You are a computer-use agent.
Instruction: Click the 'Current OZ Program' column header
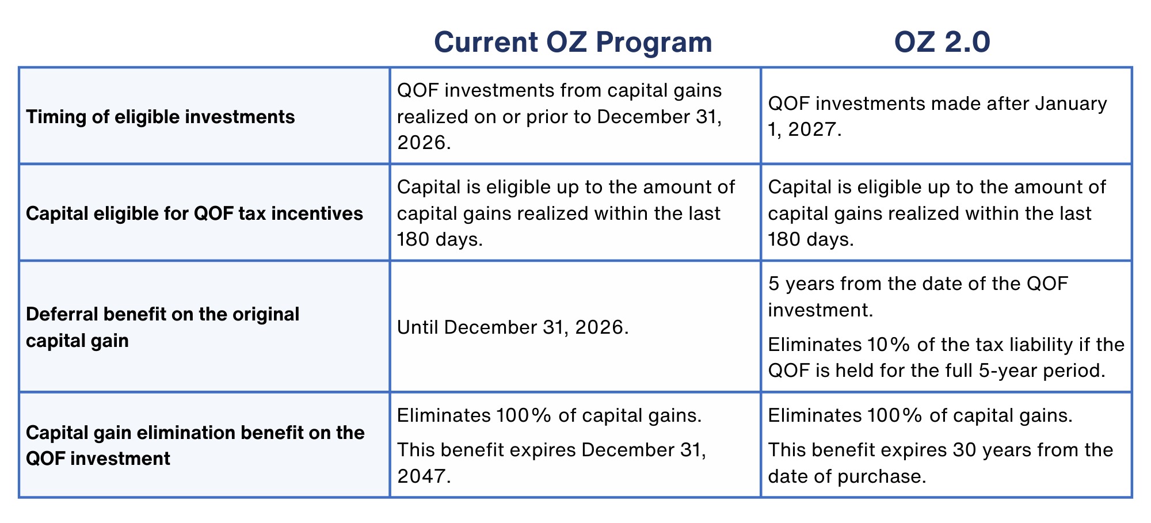point(573,42)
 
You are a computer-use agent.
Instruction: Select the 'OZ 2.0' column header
point(942,42)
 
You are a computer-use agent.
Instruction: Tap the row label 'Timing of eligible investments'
point(161,117)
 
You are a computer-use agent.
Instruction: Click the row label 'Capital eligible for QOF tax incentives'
point(195,213)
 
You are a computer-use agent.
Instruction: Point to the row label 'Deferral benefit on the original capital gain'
point(162,327)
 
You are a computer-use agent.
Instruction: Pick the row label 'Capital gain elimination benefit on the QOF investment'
point(195,445)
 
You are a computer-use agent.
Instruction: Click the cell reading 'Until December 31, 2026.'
point(513,327)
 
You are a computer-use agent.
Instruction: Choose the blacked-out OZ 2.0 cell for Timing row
point(947,116)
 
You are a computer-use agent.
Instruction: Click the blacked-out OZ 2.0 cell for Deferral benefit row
point(947,327)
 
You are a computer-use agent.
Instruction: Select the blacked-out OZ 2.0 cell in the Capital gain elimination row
point(947,445)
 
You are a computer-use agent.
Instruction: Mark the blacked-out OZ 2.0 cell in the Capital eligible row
point(947,212)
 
